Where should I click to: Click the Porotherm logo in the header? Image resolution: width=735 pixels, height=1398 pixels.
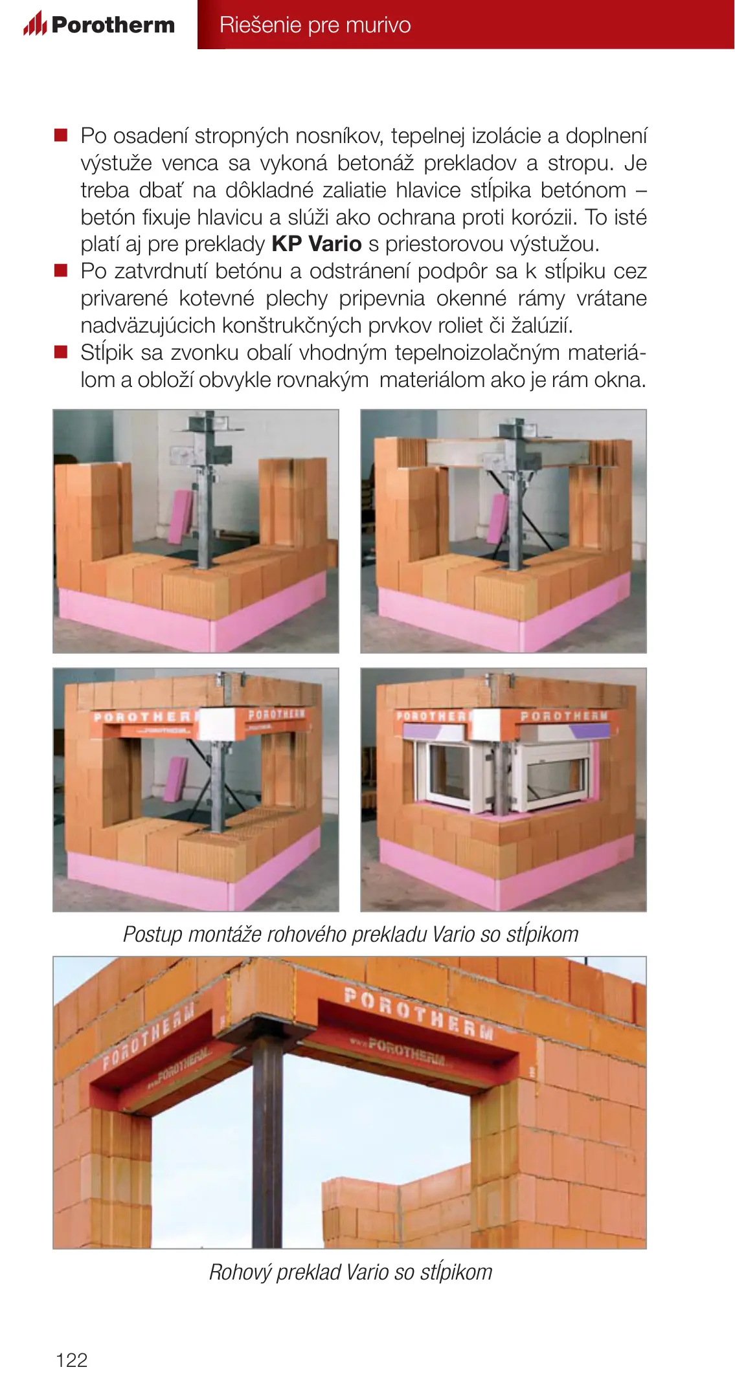[99, 25]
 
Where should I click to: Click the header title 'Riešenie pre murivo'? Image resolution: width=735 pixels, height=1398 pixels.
[315, 25]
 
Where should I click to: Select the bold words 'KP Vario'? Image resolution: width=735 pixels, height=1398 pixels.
[316, 244]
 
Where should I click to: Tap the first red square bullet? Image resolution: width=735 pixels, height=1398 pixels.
[61, 135]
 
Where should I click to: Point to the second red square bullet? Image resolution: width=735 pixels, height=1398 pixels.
[61, 271]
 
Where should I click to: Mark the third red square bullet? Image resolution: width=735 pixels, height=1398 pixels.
[61, 352]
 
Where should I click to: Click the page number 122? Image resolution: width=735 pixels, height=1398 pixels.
[71, 1360]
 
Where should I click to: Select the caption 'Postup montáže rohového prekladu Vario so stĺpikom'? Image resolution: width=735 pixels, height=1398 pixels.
[350, 934]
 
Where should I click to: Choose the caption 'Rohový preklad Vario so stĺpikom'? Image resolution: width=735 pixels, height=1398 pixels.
[350, 1272]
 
